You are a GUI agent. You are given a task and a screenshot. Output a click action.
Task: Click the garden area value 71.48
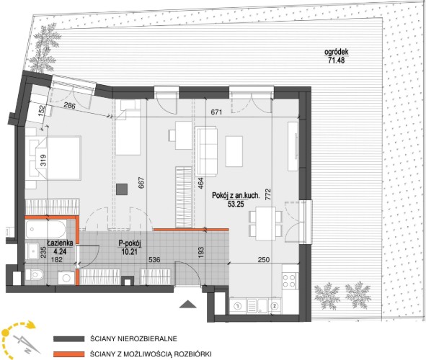click(337, 60)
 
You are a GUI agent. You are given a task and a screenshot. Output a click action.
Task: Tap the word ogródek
click(337, 52)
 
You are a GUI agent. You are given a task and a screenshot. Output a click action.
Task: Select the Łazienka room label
click(60, 243)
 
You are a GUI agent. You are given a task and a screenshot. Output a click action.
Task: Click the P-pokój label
click(130, 243)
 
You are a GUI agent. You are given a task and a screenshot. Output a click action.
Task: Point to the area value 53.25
click(236, 204)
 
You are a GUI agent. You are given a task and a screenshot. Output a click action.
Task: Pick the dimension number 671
click(216, 112)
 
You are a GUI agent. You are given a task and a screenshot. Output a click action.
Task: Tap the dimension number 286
click(69, 105)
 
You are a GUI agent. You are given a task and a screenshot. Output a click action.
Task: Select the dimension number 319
click(43, 161)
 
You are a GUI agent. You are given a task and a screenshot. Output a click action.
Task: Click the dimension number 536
click(154, 260)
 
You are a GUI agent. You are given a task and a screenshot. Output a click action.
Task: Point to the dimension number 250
click(264, 260)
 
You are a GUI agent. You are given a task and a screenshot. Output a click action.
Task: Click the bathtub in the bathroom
click(46, 230)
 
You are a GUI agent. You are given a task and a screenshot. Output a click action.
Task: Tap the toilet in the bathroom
click(35, 275)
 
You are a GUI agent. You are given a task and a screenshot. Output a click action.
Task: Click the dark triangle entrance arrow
click(188, 304)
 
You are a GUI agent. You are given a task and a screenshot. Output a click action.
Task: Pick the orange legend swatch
click(68, 354)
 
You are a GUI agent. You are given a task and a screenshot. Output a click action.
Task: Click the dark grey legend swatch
click(68, 339)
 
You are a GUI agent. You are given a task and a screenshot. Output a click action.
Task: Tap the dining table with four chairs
click(266, 223)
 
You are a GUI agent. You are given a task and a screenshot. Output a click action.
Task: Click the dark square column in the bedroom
click(122, 189)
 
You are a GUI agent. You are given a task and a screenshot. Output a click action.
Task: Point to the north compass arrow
click(26, 343)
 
